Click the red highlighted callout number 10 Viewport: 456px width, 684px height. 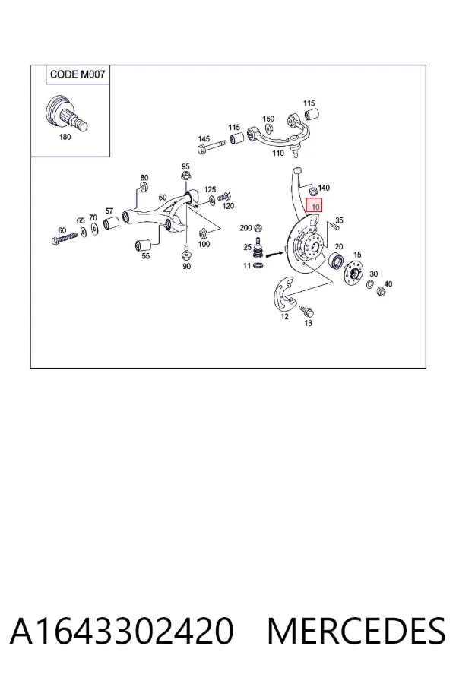[x=314, y=206]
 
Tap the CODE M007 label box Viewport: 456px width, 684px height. [x=78, y=74]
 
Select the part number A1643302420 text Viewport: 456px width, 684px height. [x=122, y=631]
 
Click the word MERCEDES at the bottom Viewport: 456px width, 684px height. [x=356, y=631]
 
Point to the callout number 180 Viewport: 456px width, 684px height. [x=65, y=137]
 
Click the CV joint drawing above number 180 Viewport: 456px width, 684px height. [x=66, y=113]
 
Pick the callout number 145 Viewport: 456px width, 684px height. [x=204, y=139]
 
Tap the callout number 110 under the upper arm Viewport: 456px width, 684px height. [x=278, y=153]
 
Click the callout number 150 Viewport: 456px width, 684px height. [x=268, y=119]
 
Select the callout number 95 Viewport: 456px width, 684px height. [x=186, y=166]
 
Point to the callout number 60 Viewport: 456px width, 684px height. [x=62, y=230]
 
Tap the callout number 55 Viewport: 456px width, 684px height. [x=146, y=255]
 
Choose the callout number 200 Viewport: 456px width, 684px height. [x=245, y=228]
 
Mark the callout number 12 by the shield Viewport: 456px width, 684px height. [x=284, y=316]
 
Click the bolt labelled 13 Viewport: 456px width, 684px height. [x=307, y=311]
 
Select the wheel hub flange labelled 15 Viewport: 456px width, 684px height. [x=354, y=274]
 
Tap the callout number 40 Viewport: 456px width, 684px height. [x=388, y=284]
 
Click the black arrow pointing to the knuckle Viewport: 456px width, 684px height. [x=274, y=253]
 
